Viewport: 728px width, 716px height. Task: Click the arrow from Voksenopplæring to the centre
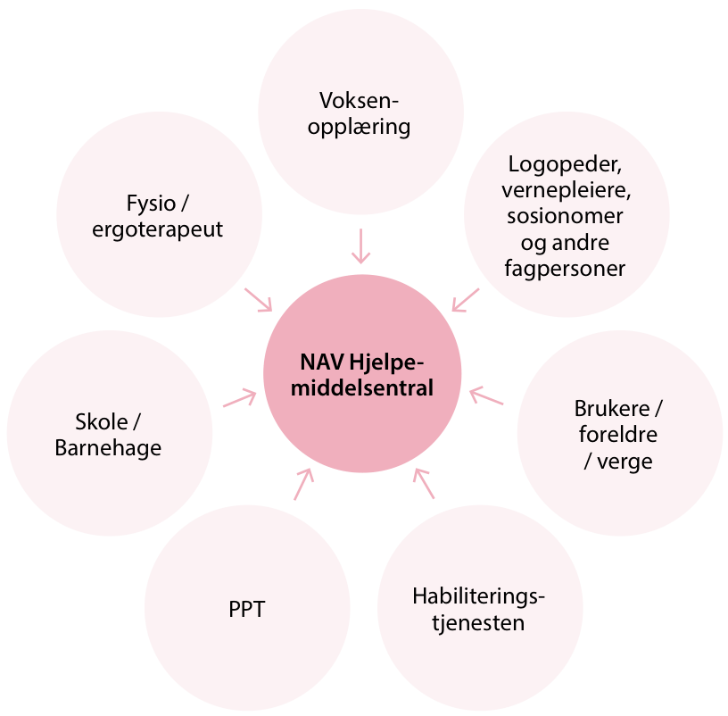click(360, 246)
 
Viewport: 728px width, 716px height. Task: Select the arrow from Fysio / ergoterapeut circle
click(259, 300)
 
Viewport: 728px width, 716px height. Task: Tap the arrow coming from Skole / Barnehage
click(238, 398)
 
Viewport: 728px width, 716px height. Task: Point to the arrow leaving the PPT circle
click(303, 484)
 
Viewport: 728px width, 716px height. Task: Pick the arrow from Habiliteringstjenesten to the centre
click(423, 483)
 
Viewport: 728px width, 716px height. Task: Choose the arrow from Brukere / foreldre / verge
click(486, 396)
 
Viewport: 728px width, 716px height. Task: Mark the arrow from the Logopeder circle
click(465, 300)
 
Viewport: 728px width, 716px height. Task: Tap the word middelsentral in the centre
click(361, 388)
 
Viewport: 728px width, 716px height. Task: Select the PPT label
click(247, 612)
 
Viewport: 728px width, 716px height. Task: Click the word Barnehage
click(108, 448)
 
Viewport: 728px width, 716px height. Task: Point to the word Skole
click(100, 420)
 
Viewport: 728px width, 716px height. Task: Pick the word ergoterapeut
click(157, 229)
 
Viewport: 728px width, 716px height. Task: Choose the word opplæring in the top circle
click(360, 126)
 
